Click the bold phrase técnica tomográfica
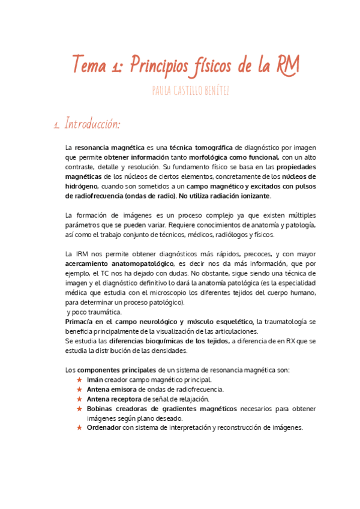[x=201, y=147]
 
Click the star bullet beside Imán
[x=79, y=380]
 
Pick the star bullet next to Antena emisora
[x=79, y=390]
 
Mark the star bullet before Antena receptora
[x=79, y=399]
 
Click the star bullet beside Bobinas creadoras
[x=79, y=409]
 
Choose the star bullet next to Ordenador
[x=79, y=428]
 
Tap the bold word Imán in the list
[x=95, y=380]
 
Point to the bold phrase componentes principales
[x=116, y=370]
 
